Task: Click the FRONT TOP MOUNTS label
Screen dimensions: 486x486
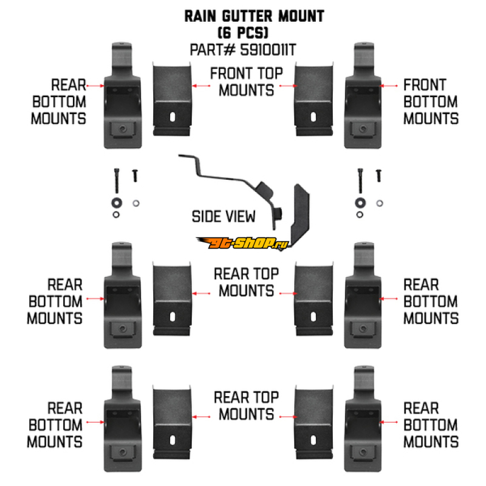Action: pos(246,82)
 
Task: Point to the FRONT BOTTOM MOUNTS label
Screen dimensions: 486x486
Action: pos(431,101)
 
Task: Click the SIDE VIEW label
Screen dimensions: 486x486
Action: pos(224,216)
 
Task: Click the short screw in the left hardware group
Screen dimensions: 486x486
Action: pos(135,175)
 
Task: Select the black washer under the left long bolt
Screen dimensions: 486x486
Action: pos(115,202)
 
